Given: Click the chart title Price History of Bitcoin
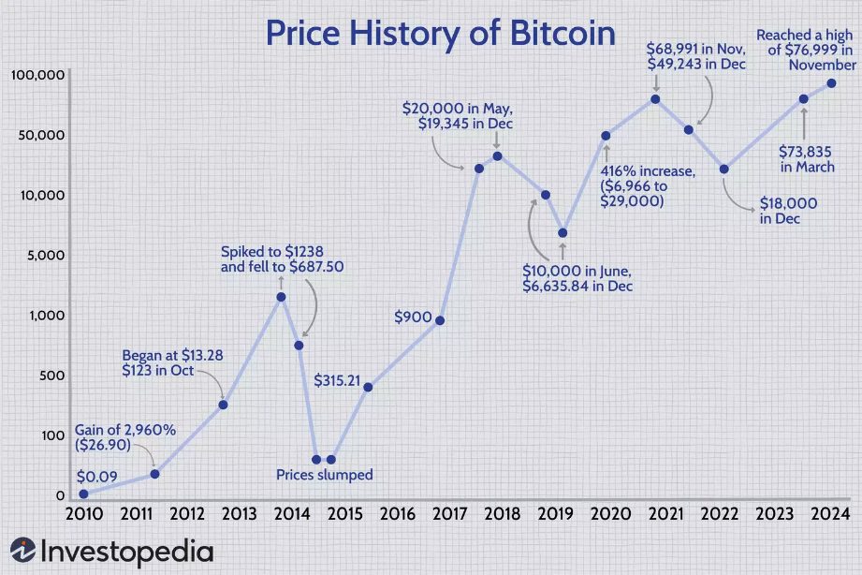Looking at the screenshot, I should click(x=440, y=34).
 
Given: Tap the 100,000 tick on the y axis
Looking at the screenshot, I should click(x=37, y=75).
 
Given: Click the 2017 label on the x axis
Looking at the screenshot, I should click(x=450, y=514).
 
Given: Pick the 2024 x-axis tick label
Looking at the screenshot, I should click(x=831, y=514).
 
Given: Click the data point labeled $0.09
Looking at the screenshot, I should click(x=83, y=494).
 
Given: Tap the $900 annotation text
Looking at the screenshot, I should click(x=414, y=317).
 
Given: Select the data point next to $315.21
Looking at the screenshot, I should click(x=368, y=387).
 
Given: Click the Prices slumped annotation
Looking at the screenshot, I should click(x=324, y=475).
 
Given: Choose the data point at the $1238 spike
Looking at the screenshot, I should click(x=281, y=297).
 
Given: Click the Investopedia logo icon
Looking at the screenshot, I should click(x=23, y=552).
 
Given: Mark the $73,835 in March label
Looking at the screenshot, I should click(x=807, y=158).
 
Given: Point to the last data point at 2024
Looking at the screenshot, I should click(x=831, y=84).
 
